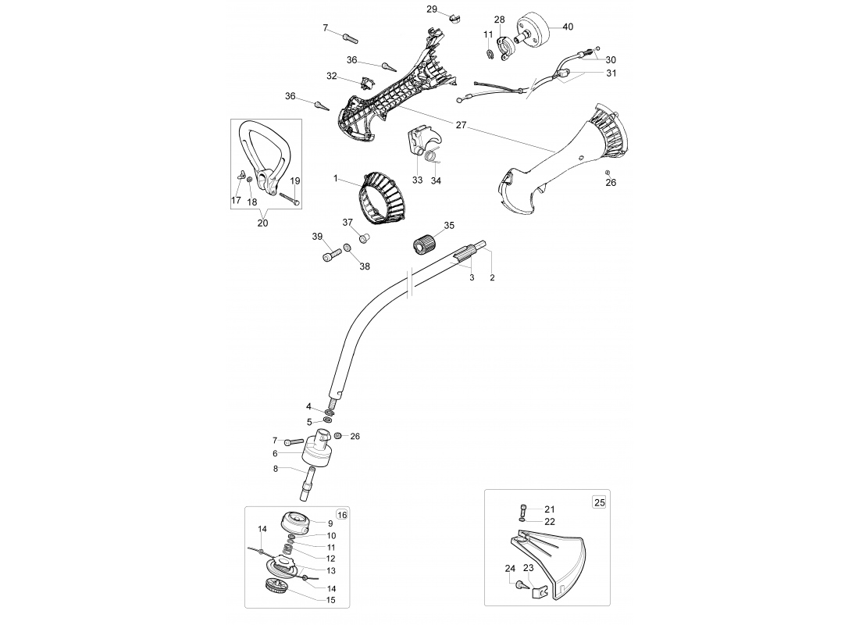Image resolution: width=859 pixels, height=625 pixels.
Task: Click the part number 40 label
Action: (x=568, y=27)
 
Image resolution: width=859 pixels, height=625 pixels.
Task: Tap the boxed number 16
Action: (x=342, y=515)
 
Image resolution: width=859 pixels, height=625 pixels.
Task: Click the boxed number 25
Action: (x=600, y=502)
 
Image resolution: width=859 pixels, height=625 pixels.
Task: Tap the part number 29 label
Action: (x=432, y=9)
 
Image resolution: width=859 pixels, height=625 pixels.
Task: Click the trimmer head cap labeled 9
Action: (x=296, y=521)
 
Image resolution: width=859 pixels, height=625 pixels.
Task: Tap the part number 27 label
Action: (x=461, y=125)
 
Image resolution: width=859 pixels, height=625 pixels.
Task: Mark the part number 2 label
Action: (x=492, y=278)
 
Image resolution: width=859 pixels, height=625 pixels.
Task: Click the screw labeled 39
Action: (x=332, y=255)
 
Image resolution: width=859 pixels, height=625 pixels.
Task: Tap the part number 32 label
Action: (x=331, y=77)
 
